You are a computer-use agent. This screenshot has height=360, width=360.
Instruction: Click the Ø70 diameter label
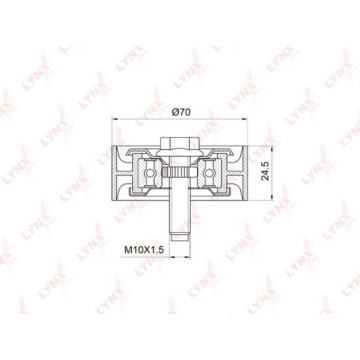tap(181, 112)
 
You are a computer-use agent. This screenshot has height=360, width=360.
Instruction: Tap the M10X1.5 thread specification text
tap(144, 250)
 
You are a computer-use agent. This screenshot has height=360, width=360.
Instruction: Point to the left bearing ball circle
tap(150, 173)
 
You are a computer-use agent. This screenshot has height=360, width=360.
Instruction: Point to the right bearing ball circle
tap(209, 173)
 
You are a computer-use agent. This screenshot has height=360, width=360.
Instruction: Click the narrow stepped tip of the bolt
tap(180, 236)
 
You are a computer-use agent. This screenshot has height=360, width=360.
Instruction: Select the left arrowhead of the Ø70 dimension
tap(115, 118)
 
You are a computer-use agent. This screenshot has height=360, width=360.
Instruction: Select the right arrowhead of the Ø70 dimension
tap(244, 118)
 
